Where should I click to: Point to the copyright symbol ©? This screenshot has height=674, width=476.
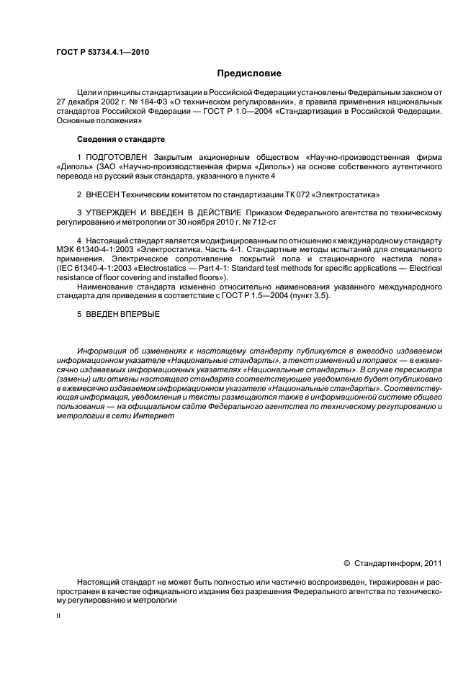(x=347, y=563)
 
